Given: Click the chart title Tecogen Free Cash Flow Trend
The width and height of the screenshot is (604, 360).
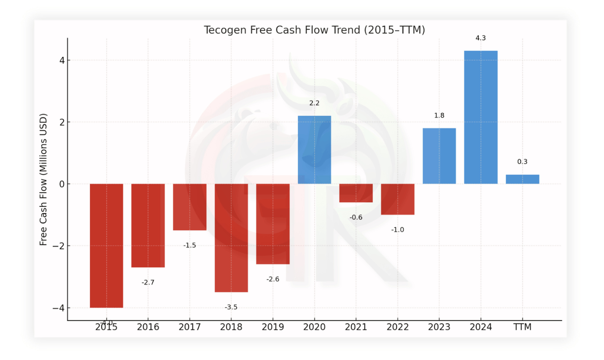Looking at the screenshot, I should pyautogui.click(x=314, y=30).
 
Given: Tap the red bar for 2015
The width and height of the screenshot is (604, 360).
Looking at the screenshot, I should pyautogui.click(x=106, y=245).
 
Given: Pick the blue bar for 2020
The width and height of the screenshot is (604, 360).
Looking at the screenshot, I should pyautogui.click(x=314, y=150).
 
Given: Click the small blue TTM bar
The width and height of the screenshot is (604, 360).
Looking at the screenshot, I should pyautogui.click(x=522, y=179).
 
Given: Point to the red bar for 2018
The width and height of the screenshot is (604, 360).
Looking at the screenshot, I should pyautogui.click(x=231, y=238).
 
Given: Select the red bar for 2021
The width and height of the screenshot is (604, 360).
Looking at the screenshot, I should pyautogui.click(x=356, y=193).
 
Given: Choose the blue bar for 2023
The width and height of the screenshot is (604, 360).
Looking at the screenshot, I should pyautogui.click(x=439, y=156).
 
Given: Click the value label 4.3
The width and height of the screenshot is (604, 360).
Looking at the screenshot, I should pyautogui.click(x=480, y=38).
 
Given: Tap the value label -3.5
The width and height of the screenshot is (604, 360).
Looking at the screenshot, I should pyautogui.click(x=231, y=307).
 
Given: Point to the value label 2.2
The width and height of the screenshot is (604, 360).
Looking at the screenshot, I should pyautogui.click(x=314, y=103).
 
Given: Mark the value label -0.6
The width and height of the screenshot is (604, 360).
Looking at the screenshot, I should pyautogui.click(x=356, y=218).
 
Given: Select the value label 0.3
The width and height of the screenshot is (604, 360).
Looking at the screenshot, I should pyautogui.click(x=522, y=162).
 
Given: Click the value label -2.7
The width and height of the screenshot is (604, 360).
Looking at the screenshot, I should pyautogui.click(x=148, y=282).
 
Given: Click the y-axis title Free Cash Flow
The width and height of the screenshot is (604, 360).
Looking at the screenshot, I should pyautogui.click(x=43, y=180).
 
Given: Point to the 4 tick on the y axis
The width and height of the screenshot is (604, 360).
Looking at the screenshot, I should pyautogui.click(x=62, y=61).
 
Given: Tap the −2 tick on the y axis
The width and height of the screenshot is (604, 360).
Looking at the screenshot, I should pyautogui.click(x=59, y=246).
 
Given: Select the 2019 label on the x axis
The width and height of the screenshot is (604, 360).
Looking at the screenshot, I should pyautogui.click(x=272, y=327).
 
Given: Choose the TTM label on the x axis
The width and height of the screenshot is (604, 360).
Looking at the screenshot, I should pyautogui.click(x=522, y=327).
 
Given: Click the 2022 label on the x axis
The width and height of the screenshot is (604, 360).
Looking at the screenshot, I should pyautogui.click(x=397, y=327).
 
